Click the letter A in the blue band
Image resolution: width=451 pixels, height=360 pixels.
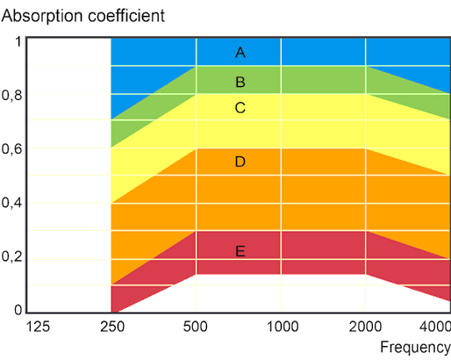coord(240,53)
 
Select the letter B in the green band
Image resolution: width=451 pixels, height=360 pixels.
coord(240,83)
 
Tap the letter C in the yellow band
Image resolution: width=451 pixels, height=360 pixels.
coord(240,108)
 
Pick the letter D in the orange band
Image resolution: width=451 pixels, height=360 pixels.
coord(240,162)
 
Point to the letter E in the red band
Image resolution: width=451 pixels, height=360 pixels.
coord(240,251)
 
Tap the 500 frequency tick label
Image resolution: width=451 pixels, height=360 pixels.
coord(196,326)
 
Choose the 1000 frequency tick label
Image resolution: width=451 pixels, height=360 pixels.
coord(281,326)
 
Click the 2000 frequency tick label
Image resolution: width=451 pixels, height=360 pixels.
coord(365,326)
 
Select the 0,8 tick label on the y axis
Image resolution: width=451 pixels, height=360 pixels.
coord(11,96)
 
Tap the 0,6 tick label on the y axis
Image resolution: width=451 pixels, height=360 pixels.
coord(11,149)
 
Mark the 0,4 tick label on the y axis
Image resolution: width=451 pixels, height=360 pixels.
coord(11,203)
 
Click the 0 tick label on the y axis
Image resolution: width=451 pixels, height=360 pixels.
coord(18,310)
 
